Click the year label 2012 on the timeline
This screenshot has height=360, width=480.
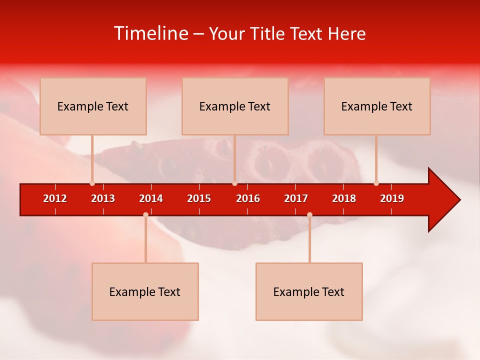point(55,198)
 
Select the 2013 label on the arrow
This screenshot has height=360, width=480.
point(103,198)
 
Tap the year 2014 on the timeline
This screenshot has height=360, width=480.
point(151,198)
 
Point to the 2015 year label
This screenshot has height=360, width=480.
point(199,198)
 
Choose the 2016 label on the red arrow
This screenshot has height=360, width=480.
point(248,198)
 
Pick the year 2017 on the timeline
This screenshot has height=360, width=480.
point(296,198)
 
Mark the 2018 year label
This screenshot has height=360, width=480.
point(344,198)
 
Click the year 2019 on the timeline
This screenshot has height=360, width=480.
point(392,198)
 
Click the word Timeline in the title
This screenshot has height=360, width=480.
point(150,33)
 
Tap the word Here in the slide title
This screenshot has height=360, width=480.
point(346,33)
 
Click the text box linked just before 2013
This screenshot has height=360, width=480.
point(93,106)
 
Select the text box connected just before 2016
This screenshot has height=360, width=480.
point(235,106)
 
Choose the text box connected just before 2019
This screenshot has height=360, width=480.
point(377,106)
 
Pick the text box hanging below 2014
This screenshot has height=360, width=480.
point(145,291)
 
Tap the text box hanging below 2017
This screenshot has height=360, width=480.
point(309,291)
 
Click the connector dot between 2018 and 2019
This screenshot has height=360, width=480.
point(376,183)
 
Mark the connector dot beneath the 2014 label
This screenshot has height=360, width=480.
point(145,214)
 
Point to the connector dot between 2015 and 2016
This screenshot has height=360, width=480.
point(234,183)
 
